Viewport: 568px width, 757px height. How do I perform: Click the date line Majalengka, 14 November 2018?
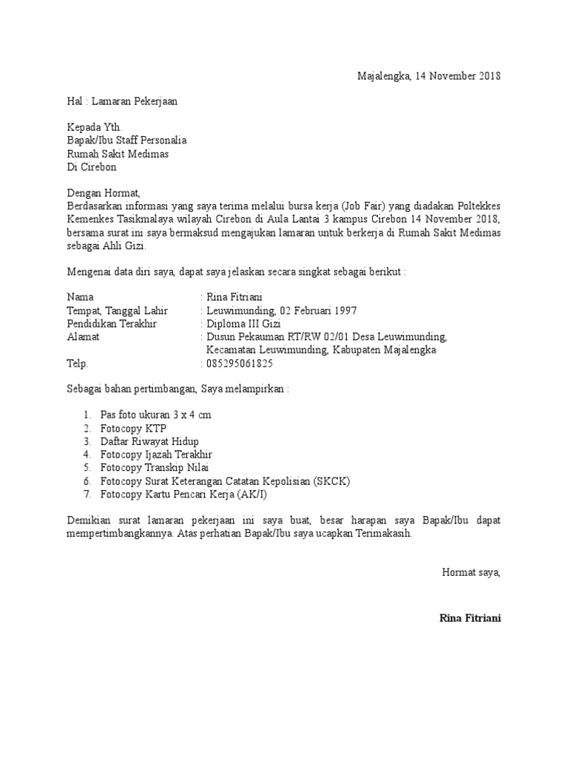[x=429, y=75]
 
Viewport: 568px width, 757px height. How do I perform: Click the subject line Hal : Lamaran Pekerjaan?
[x=122, y=101]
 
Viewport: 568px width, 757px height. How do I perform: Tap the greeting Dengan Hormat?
[x=103, y=193]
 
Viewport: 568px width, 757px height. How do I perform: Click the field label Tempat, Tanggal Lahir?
[x=118, y=310]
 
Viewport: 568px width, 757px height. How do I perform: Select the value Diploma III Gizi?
[x=243, y=324]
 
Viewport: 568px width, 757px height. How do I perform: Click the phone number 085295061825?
[x=240, y=364]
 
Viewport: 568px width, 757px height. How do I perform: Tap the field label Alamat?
[x=84, y=337]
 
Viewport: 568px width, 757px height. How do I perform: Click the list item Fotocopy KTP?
[x=133, y=428]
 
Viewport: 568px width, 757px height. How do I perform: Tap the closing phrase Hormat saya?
[x=471, y=572]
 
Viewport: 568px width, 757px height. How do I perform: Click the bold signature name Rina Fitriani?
[x=470, y=618]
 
